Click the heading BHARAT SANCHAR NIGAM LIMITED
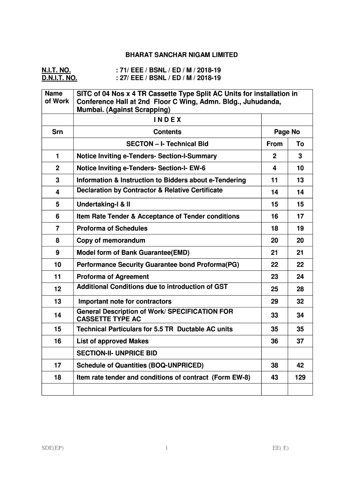click(177, 55)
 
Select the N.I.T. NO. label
click(57, 70)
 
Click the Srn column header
click(57, 132)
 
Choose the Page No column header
click(287, 132)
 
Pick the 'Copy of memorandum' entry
click(111, 240)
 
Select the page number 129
click(300, 377)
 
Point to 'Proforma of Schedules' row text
click(112, 228)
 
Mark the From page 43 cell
click(274, 377)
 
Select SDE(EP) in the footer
click(52, 448)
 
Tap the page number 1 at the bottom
click(166, 448)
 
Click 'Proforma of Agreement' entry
click(113, 277)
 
